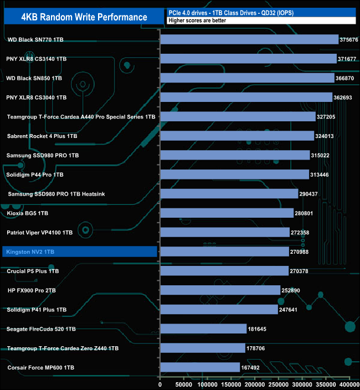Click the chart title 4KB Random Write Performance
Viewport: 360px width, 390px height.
84,17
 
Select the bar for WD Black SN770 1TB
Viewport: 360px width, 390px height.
249,39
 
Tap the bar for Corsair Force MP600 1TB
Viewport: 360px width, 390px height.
200,367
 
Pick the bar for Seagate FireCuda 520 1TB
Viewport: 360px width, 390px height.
203,329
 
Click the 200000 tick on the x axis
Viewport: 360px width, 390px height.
255,384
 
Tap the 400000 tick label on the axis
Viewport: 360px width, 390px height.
349,384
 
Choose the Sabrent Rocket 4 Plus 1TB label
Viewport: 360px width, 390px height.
42,136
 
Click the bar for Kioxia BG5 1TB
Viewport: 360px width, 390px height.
227,213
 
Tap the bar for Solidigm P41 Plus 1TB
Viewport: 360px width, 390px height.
219,309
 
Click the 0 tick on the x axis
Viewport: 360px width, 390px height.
160,384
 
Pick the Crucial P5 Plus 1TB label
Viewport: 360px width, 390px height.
33,271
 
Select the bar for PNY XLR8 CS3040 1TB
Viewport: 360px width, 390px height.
245,97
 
